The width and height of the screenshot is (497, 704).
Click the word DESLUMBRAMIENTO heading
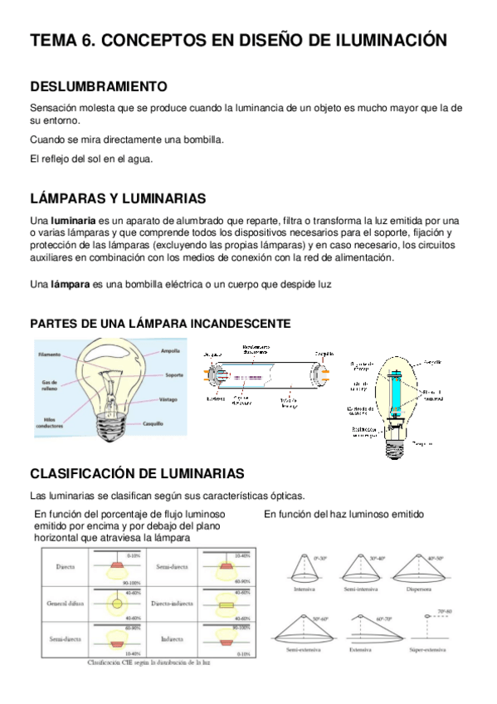coord(99,86)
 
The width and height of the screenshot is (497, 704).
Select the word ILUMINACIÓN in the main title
coord(378,40)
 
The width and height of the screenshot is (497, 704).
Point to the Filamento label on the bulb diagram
coord(49,354)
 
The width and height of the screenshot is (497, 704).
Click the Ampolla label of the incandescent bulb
coord(171,350)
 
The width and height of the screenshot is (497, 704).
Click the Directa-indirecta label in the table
coord(173,604)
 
